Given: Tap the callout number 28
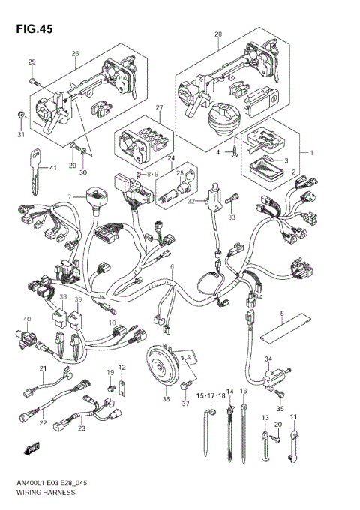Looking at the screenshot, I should pos(218,34).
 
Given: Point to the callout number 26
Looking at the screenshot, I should pos(75,54).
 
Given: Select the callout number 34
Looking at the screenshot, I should pos(268,360).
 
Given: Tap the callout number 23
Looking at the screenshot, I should pos(82,428).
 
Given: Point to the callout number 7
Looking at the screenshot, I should pos(68,196).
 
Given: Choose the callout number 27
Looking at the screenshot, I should pos(159,109).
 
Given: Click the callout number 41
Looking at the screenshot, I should pos(52,168).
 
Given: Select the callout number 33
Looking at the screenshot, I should pos(232,217).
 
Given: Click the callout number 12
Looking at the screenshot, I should pos(122,367).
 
